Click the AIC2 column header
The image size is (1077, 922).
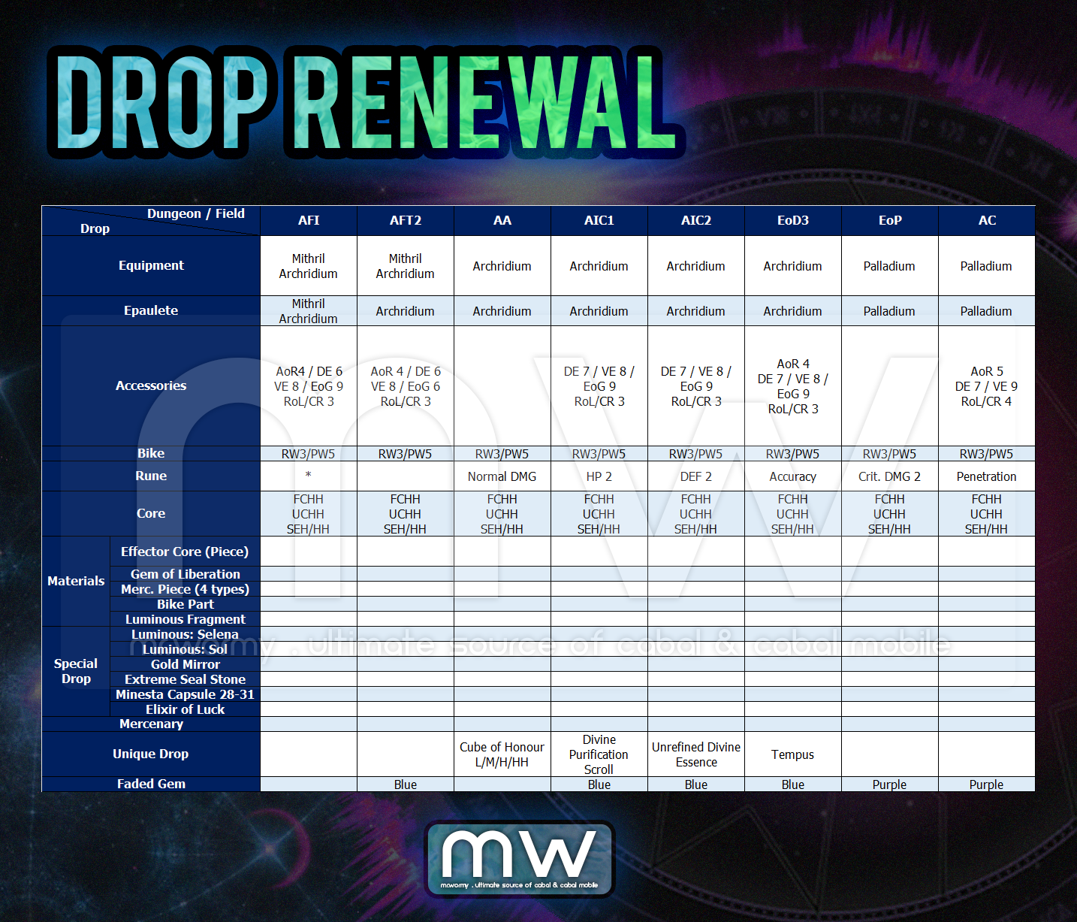(695, 220)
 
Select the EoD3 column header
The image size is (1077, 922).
(792, 220)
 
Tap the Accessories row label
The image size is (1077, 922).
(150, 385)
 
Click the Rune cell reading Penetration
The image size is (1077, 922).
(986, 476)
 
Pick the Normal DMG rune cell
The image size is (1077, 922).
(502, 476)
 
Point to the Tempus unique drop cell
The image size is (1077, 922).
(792, 754)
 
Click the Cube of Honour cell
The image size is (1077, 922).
(502, 754)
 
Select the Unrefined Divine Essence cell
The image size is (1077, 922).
(695, 754)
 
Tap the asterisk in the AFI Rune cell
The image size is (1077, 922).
(308, 475)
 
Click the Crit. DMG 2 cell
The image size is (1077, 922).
(889, 476)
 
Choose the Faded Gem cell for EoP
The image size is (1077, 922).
(889, 784)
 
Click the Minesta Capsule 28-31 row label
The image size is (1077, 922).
(185, 694)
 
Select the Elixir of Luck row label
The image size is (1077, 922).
(185, 709)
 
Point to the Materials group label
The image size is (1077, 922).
(76, 581)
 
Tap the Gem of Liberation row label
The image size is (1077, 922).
(185, 574)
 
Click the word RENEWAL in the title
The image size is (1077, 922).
(483, 102)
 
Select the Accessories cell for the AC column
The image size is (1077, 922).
(986, 386)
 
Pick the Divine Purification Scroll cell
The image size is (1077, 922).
(599, 754)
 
